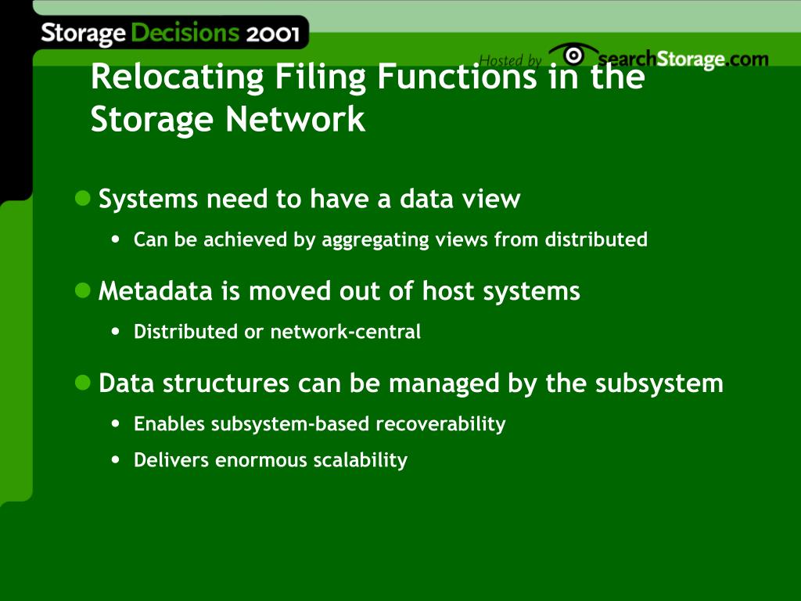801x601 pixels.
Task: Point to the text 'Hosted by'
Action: (509, 60)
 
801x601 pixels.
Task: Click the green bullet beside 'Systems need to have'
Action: (83, 198)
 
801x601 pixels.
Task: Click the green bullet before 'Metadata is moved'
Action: (83, 290)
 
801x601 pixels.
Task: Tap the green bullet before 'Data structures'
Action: (83, 383)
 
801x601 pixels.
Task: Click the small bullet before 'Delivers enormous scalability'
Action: (117, 459)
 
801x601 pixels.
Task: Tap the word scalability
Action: (361, 460)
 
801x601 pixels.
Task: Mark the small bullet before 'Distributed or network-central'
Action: (117, 331)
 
